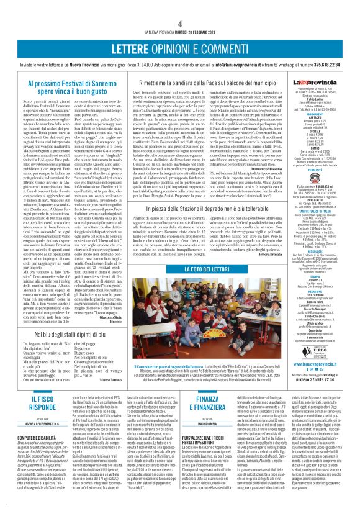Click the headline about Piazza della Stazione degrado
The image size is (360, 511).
point(213,212)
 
